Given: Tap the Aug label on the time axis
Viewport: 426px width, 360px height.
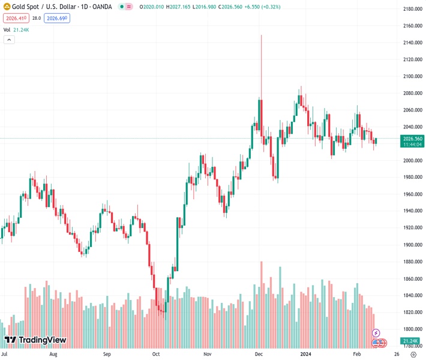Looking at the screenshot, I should coord(53,355).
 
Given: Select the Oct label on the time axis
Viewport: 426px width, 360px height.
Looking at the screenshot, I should coord(155,355).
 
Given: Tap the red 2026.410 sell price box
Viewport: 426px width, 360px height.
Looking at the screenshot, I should coord(16,19).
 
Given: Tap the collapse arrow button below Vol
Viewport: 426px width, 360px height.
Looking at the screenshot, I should coord(9,40).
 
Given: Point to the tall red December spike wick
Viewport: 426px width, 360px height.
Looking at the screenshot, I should coord(262,60).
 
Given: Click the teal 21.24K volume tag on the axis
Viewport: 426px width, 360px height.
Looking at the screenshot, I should coord(412,341).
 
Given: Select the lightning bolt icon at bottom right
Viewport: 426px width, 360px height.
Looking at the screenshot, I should coord(376,332).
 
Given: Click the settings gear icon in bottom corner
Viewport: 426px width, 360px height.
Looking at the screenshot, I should coord(413,355).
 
